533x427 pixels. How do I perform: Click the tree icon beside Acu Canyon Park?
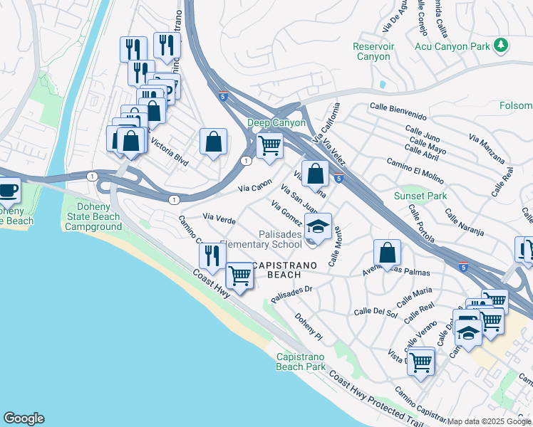coord(502,46)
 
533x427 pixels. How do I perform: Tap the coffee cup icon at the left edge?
coord(8,191)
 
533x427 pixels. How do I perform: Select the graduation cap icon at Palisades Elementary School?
coord(318,228)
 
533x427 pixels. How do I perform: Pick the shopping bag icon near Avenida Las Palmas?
coord(387,252)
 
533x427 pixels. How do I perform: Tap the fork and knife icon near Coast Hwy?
coord(212,255)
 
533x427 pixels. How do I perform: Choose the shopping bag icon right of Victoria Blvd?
coord(213,142)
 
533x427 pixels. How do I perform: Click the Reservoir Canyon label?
coord(373,51)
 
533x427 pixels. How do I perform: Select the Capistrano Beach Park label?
coord(300,361)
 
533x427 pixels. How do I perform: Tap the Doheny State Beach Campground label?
coord(94,216)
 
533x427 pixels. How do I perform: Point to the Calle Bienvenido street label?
coord(398,116)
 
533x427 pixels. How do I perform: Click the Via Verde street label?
coord(219,217)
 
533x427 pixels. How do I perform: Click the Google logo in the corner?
coord(24,418)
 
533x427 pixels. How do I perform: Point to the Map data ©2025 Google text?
coord(489,421)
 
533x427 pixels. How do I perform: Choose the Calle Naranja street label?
coord(464,221)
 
